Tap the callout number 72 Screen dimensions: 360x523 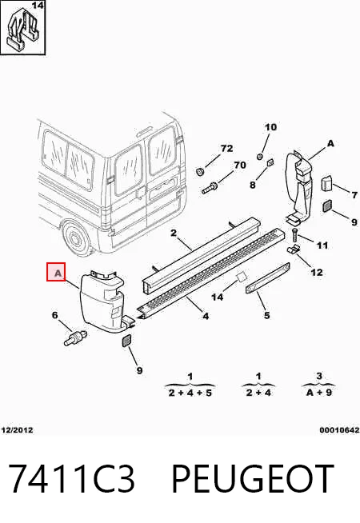[226, 148]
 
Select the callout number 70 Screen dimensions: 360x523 [240, 165]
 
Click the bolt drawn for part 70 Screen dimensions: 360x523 [210, 188]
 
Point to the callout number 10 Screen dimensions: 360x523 [270, 127]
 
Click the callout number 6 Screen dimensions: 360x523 [55, 315]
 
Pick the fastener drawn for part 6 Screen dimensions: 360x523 [74, 337]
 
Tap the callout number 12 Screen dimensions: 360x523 [317, 273]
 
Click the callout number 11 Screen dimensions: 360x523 [322, 246]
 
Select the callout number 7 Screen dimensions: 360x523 [354, 194]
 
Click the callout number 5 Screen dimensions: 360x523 [266, 315]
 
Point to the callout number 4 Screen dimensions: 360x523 [206, 316]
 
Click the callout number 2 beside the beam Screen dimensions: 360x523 [174, 233]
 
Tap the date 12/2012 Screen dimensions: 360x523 [18, 430]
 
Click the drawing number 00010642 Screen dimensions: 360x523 [339, 430]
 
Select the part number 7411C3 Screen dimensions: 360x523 [71, 479]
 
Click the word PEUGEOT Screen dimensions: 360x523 [252, 479]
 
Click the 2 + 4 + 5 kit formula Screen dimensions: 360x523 [190, 393]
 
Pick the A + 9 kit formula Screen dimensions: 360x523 [319, 392]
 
